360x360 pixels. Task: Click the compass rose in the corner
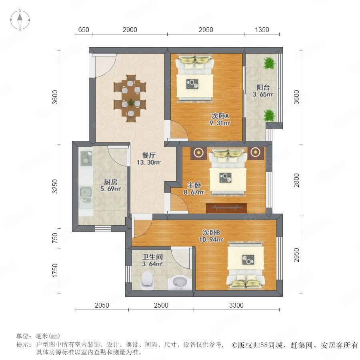click(20, 20)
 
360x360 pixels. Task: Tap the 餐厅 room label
click(148, 156)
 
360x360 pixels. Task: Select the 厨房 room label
click(111, 182)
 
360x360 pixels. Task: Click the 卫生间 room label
click(152, 257)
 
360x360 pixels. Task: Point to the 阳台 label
click(263, 88)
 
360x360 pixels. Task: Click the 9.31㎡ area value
click(220, 123)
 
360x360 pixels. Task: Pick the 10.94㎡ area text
click(211, 240)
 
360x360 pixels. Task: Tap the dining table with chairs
click(130, 98)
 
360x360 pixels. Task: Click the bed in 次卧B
click(246, 267)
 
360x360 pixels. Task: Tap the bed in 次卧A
click(195, 78)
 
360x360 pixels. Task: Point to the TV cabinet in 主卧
click(227, 208)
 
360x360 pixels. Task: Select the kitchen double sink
click(86, 195)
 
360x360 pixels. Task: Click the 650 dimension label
click(84, 30)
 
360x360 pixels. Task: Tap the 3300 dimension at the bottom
click(236, 305)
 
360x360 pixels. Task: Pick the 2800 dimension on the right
click(296, 180)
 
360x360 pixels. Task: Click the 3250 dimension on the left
click(55, 186)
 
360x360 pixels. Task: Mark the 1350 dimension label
click(262, 30)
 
